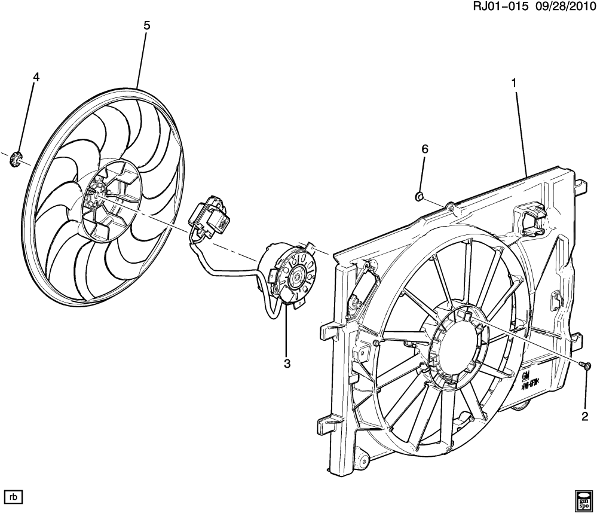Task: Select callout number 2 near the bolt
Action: click(x=584, y=416)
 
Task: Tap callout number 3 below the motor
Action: click(x=287, y=364)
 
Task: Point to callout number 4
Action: click(x=36, y=77)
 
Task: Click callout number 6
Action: click(x=425, y=149)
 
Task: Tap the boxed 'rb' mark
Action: click(x=14, y=496)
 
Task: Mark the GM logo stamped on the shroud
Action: click(x=526, y=375)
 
